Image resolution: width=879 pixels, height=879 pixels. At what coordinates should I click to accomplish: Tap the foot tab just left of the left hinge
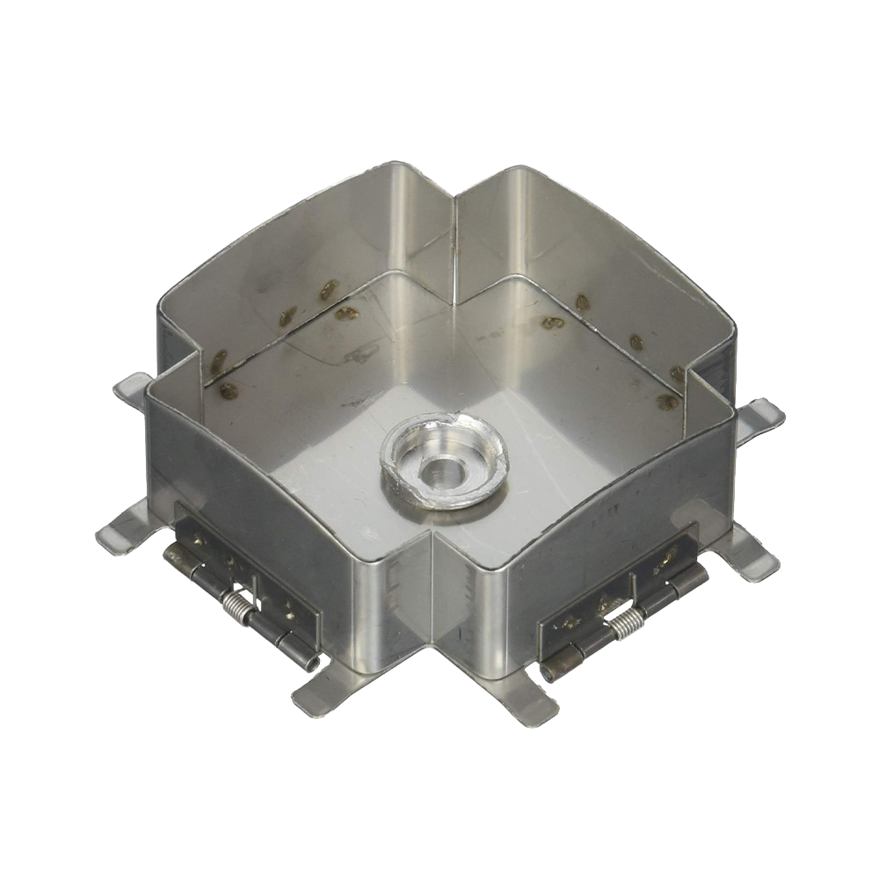point(123,527)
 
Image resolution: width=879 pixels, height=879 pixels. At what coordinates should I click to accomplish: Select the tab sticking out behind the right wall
point(761,418)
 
